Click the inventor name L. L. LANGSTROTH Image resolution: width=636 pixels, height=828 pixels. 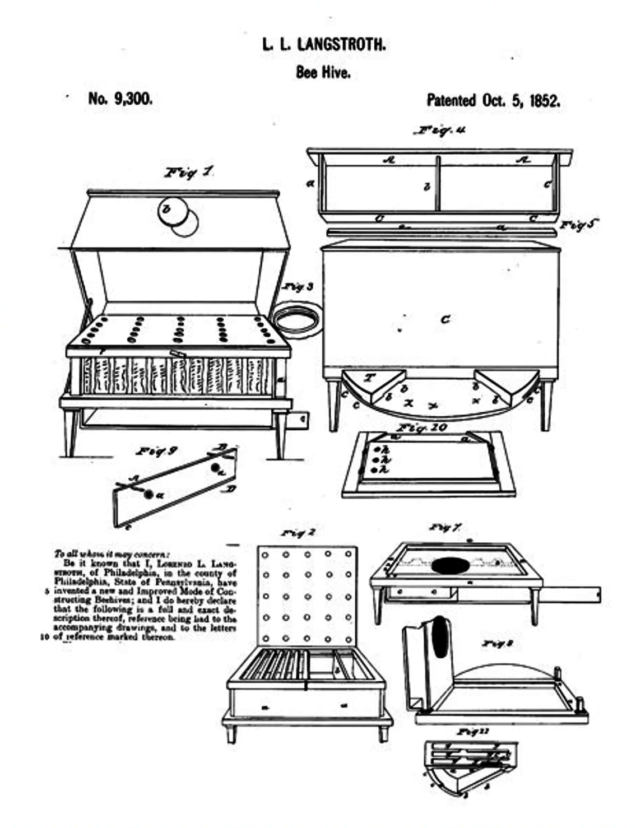323,45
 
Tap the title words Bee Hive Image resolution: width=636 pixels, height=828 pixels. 323,72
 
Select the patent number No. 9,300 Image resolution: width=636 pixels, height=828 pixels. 120,99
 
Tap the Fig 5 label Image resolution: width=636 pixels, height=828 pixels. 578,225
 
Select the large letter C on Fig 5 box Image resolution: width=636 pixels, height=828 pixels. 445,319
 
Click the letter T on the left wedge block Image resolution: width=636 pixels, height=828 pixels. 369,378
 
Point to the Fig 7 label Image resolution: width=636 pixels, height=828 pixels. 445,527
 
